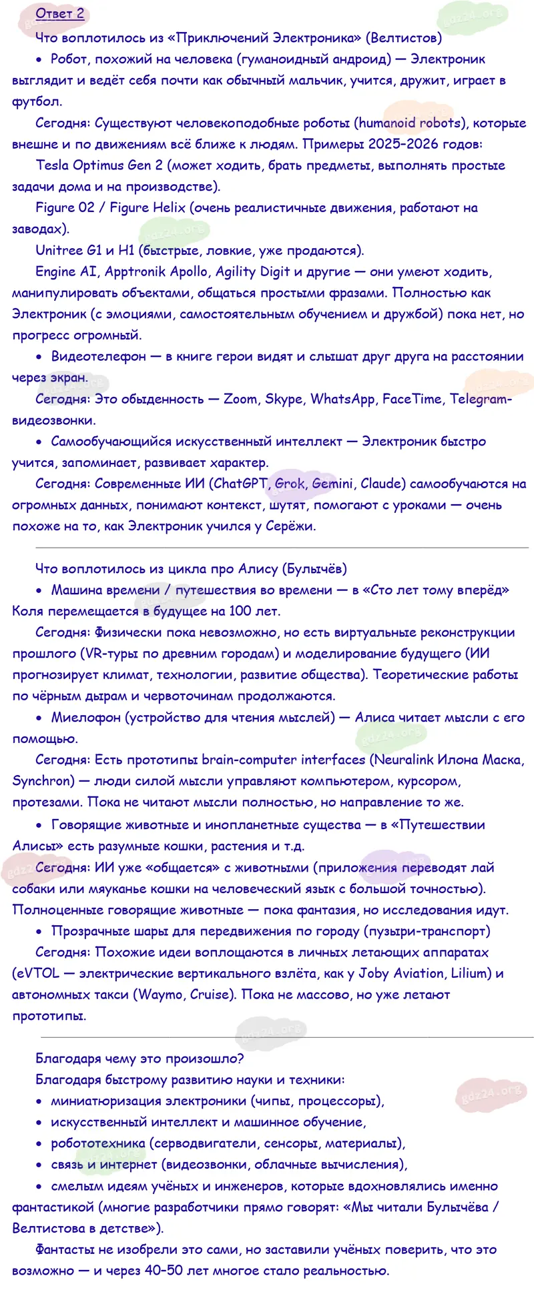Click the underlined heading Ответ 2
pos(60,14)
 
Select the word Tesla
pos(53,165)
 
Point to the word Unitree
pos(59,250)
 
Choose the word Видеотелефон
pos(98,356)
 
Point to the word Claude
pos(381,484)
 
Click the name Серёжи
pos(288,526)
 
